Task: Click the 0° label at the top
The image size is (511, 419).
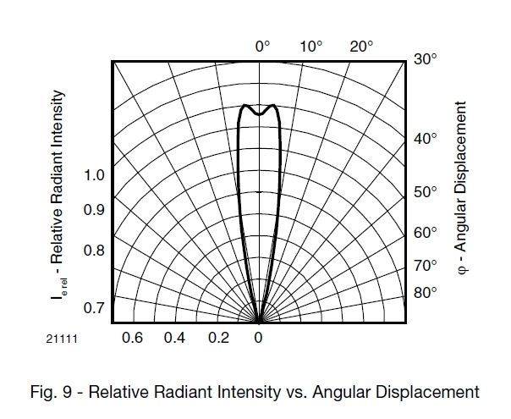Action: click(262, 47)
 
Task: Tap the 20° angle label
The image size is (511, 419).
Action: click(361, 47)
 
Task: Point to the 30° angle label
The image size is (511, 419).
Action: click(426, 60)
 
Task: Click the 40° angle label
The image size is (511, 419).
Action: click(426, 139)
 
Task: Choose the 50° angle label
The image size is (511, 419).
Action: click(426, 192)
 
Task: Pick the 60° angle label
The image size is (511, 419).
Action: click(426, 233)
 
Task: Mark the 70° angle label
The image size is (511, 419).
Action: click(426, 266)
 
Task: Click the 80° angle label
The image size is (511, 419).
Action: click(426, 293)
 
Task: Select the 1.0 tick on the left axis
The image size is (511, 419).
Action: click(94, 176)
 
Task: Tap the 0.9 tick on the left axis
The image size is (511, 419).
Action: click(94, 210)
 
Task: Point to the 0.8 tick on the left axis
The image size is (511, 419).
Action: click(94, 251)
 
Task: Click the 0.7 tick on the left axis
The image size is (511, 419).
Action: click(94, 308)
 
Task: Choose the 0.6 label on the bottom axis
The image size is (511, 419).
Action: click(133, 338)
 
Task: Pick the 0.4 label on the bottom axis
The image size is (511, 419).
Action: click(175, 338)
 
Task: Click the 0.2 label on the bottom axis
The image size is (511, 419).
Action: click(218, 338)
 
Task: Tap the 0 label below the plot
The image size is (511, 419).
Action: click(259, 338)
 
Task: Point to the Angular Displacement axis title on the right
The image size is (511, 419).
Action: click(461, 186)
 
